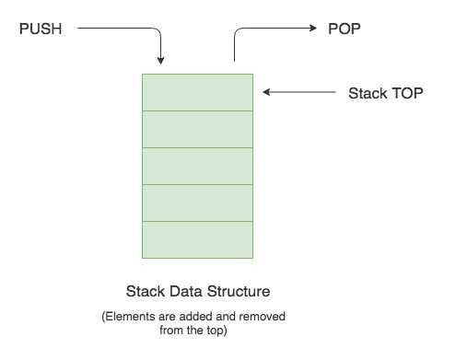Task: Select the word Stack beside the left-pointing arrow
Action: click(x=368, y=93)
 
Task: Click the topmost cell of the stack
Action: click(x=197, y=92)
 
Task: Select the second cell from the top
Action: click(x=197, y=129)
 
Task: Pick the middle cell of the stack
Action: click(x=197, y=166)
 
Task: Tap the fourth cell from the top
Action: click(x=197, y=203)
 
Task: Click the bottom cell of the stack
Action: click(x=197, y=239)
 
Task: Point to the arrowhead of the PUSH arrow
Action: click(x=161, y=62)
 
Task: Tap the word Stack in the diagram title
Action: click(x=144, y=292)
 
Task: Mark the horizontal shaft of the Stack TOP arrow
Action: click(x=304, y=92)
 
